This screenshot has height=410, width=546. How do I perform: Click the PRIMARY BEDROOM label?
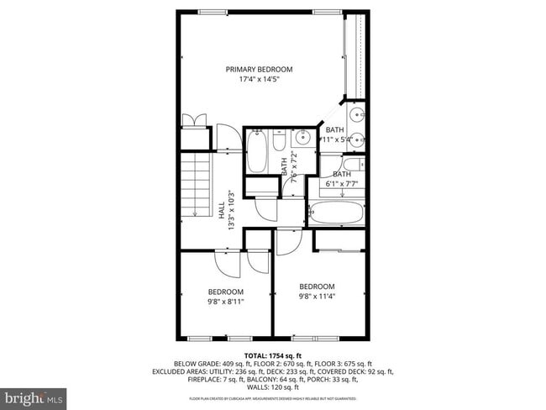pyautogui.click(x=259, y=69)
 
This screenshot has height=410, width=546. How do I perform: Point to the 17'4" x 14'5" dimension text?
pyautogui.click(x=259, y=81)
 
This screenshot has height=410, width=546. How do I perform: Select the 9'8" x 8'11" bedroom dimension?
pyautogui.click(x=226, y=302)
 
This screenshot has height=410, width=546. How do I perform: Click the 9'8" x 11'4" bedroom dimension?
pyautogui.click(x=317, y=296)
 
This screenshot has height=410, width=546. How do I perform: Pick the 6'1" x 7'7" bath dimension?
pyautogui.click(x=342, y=183)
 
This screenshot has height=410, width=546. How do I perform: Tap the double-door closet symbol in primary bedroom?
pyautogui.click(x=195, y=119)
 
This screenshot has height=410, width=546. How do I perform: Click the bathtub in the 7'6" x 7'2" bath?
pyautogui.click(x=257, y=151)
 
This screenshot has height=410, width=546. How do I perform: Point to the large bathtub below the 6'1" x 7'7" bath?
pyautogui.click(x=336, y=213)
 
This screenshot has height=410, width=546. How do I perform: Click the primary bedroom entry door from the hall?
pyautogui.click(x=226, y=138)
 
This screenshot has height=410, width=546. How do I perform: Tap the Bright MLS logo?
pyautogui.click(x=34, y=396)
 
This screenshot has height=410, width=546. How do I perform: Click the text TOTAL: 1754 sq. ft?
pyautogui.click(x=273, y=355)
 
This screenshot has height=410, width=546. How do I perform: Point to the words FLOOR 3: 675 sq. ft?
pyautogui.click(x=354, y=363)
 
